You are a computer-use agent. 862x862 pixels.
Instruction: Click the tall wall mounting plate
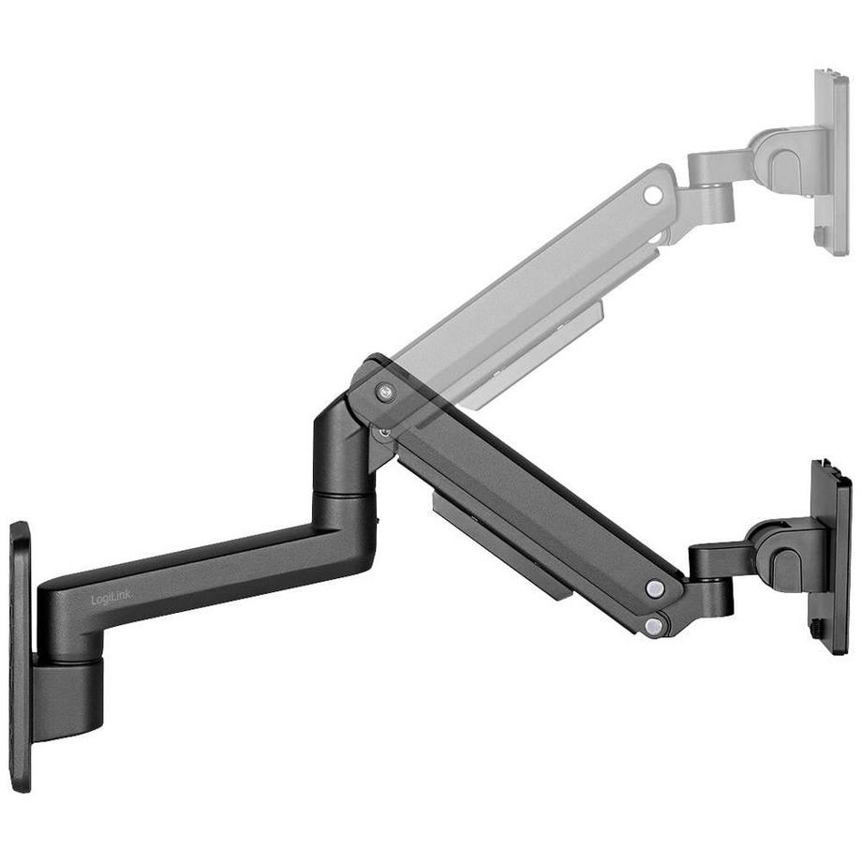pyautogui.click(x=20, y=656)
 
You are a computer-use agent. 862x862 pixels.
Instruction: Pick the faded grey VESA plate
pyautogui.click(x=831, y=159)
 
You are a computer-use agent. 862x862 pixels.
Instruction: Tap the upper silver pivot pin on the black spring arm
pyautogui.click(x=655, y=587)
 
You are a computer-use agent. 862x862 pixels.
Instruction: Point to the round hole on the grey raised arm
pyautogui.click(x=652, y=195)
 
